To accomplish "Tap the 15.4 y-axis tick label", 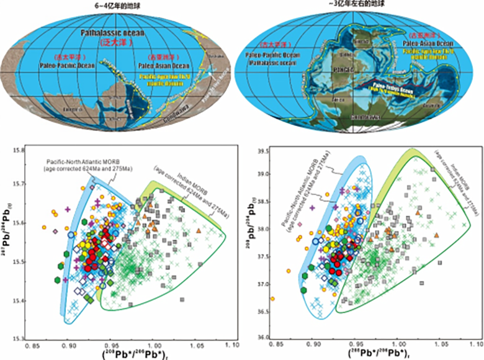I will point(19,302).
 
